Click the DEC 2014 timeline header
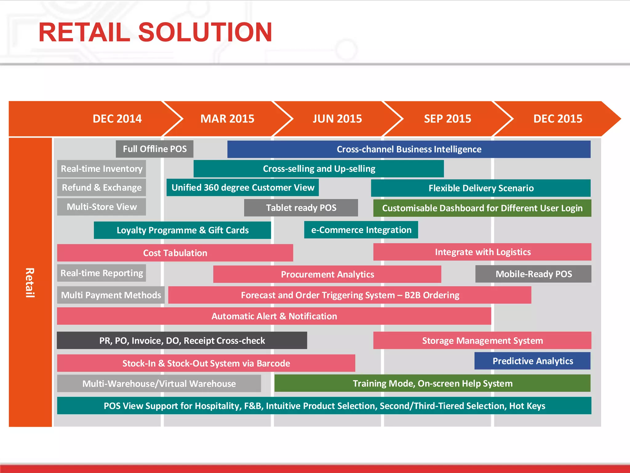(117, 119)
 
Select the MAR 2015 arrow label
(227, 119)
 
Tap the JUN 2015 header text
(337, 119)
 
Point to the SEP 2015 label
(447, 119)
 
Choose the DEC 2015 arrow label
(557, 119)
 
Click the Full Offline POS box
(155, 149)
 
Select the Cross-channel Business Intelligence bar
(409, 149)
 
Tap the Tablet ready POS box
(301, 208)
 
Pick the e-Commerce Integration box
(361, 230)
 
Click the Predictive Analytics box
(532, 361)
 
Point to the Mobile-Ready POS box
(533, 274)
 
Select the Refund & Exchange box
(102, 188)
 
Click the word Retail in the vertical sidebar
(30, 282)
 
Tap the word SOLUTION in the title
(205, 32)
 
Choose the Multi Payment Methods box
(111, 295)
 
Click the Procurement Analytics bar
(327, 274)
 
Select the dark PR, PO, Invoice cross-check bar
(182, 341)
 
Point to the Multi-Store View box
(102, 207)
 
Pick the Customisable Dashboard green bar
(482, 208)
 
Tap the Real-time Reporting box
(102, 273)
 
